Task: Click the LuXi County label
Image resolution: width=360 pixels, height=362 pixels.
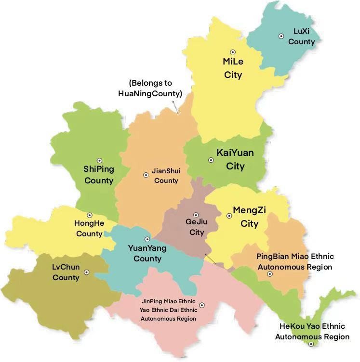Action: pyautogui.click(x=302, y=37)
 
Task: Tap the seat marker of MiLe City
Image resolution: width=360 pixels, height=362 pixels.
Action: pyautogui.click(x=233, y=52)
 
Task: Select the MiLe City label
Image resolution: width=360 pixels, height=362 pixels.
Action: pyautogui.click(x=233, y=68)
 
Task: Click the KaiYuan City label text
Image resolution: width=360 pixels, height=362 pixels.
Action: pyautogui.click(x=235, y=159)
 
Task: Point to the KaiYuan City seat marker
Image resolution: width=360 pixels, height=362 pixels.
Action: pyautogui.click(x=211, y=160)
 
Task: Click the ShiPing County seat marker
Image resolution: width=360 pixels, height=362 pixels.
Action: pyautogui.click(x=100, y=161)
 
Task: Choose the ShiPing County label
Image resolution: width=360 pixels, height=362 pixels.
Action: pyautogui.click(x=99, y=175)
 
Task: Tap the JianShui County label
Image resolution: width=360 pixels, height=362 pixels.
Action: pyautogui.click(x=165, y=176)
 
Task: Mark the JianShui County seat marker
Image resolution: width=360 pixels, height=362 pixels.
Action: pyautogui.click(x=146, y=175)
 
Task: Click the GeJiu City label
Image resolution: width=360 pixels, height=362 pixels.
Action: pyautogui.click(x=196, y=227)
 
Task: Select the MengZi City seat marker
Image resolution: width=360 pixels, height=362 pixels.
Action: pyautogui.click(x=229, y=216)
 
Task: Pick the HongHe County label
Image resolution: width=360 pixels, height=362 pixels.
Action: pyautogui.click(x=89, y=229)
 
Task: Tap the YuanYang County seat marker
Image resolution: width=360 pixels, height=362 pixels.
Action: pyautogui.click(x=147, y=239)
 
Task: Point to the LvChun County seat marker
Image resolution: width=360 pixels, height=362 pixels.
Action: pyautogui.click(x=87, y=272)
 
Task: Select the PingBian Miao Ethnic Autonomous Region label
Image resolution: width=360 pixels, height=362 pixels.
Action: pyautogui.click(x=295, y=261)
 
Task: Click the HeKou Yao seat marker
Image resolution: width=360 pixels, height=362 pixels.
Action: pyautogui.click(x=312, y=344)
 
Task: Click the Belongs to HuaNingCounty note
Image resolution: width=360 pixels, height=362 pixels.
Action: pyautogui.click(x=150, y=89)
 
